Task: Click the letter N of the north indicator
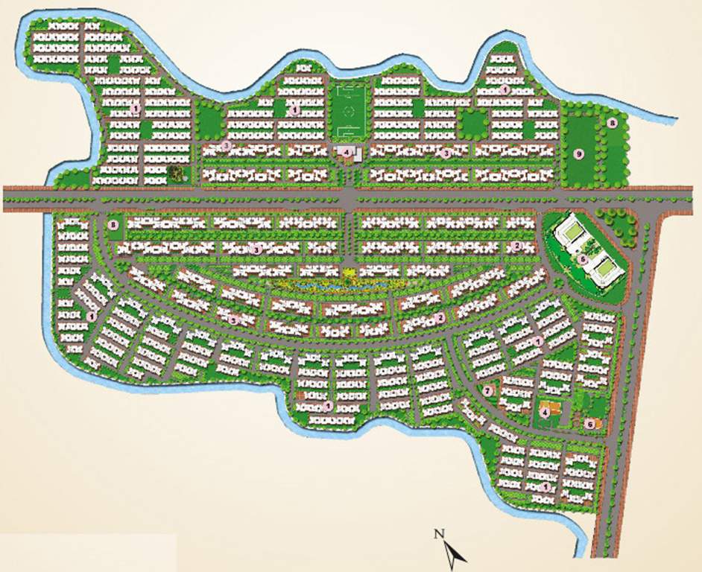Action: coord(440,533)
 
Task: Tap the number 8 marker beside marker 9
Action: coord(610,123)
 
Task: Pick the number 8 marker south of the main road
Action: coord(113,224)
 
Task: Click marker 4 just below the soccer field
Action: coord(346,153)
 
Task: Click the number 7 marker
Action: coord(489,390)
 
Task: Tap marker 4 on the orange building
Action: coord(545,411)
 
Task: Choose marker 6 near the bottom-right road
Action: coord(589,423)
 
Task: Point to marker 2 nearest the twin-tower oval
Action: coord(517,247)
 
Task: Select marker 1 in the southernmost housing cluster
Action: coord(548,486)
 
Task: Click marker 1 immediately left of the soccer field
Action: coord(296,109)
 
